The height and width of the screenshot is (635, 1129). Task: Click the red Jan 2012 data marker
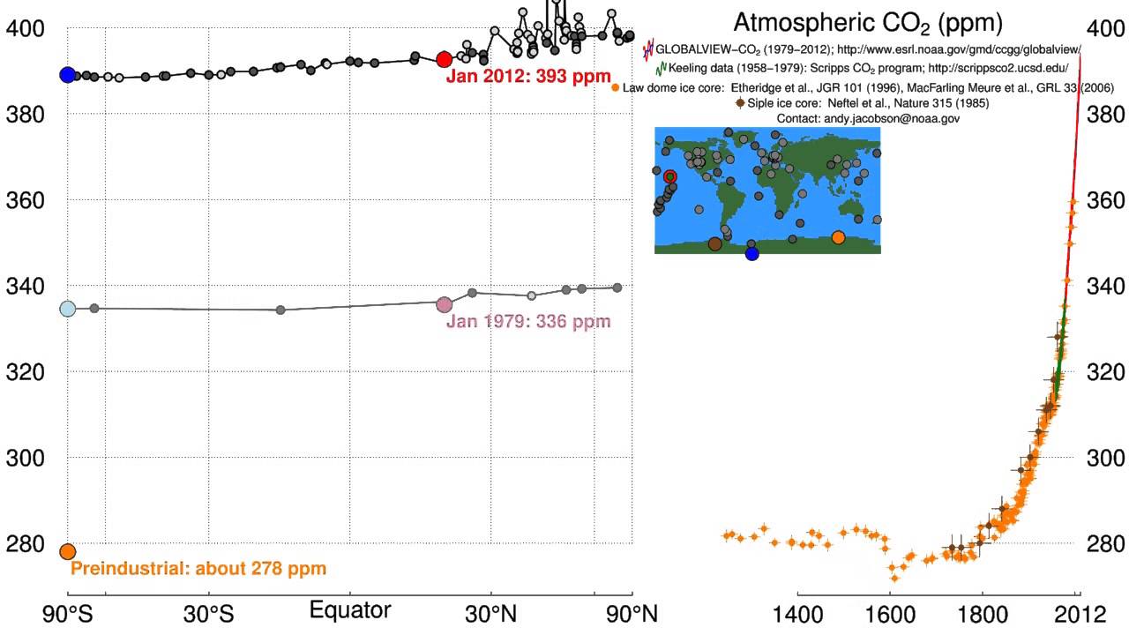tap(445, 59)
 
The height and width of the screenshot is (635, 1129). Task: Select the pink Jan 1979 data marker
tap(445, 304)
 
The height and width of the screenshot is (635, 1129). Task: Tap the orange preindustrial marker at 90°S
tap(67, 551)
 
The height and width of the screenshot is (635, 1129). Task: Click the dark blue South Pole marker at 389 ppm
tap(67, 75)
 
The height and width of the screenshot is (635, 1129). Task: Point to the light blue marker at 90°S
tap(67, 309)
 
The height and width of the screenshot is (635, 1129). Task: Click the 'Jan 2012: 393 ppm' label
tap(528, 77)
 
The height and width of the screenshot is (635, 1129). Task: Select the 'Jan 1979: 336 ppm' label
tap(528, 321)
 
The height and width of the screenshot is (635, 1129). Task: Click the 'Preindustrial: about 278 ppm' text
tap(198, 569)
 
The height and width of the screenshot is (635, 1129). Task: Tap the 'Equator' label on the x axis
tap(350, 611)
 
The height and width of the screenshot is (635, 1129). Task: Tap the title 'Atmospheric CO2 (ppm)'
tap(868, 22)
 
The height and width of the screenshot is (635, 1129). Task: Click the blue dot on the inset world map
tap(751, 254)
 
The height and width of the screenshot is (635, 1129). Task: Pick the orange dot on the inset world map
tap(838, 237)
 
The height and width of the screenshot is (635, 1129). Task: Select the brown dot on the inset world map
tap(714, 244)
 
